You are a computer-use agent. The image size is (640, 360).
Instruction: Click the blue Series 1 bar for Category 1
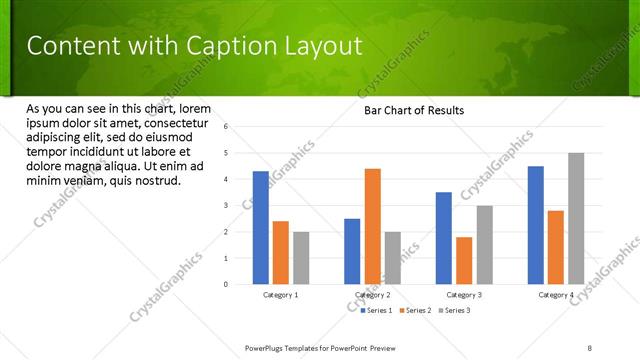(x=261, y=228)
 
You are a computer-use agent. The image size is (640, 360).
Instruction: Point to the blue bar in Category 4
(x=536, y=225)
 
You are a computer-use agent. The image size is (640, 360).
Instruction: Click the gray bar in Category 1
(x=301, y=258)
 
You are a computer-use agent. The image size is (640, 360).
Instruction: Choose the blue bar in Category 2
(x=352, y=251)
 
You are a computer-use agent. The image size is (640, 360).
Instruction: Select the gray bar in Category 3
(x=484, y=245)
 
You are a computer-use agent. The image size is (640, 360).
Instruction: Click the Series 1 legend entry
(x=378, y=311)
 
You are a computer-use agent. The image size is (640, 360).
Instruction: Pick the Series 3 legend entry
(x=455, y=311)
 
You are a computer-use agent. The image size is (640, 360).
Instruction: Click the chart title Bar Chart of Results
(x=414, y=110)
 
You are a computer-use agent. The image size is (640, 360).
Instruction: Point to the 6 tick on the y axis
(x=227, y=127)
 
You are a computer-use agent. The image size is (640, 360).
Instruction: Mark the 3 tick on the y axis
(x=227, y=205)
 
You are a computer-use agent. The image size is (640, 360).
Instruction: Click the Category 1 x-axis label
(x=281, y=295)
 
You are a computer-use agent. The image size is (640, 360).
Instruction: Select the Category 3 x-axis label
(x=464, y=295)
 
